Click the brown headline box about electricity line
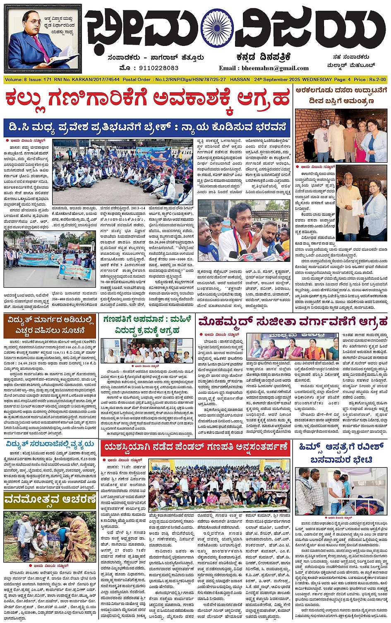(50, 325)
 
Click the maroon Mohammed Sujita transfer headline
(292, 321)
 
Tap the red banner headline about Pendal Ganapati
(196, 447)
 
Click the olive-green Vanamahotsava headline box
(49, 499)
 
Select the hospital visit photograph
(341, 491)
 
